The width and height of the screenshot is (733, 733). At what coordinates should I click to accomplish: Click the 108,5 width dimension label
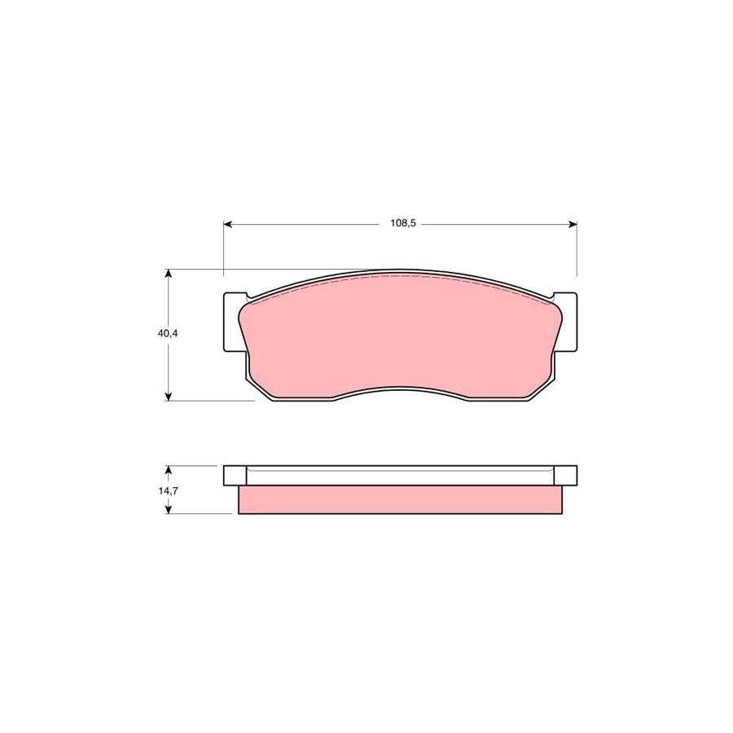click(x=402, y=224)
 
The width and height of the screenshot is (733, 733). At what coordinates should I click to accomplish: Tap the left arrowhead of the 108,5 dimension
click(x=229, y=224)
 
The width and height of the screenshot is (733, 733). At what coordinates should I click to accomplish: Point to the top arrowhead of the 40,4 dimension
click(x=169, y=274)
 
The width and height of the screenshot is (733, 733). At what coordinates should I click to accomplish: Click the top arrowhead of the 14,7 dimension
click(x=169, y=470)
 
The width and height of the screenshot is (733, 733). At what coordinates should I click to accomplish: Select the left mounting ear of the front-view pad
click(x=232, y=323)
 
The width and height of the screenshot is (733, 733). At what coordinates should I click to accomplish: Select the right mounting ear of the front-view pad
click(x=568, y=323)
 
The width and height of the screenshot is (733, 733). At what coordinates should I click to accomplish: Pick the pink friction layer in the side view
click(x=399, y=500)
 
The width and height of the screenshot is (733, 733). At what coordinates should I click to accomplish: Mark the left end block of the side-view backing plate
click(x=234, y=475)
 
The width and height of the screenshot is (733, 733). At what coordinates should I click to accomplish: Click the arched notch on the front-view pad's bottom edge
click(x=399, y=389)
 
